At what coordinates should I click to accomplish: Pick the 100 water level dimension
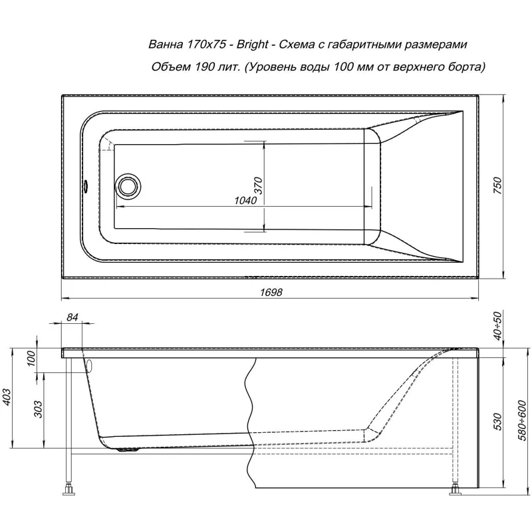tap(30, 359)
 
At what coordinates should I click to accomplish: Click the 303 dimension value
tap(38, 412)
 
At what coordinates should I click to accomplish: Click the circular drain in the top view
tap(127, 186)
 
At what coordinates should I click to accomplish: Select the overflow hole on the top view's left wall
tap(86, 186)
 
